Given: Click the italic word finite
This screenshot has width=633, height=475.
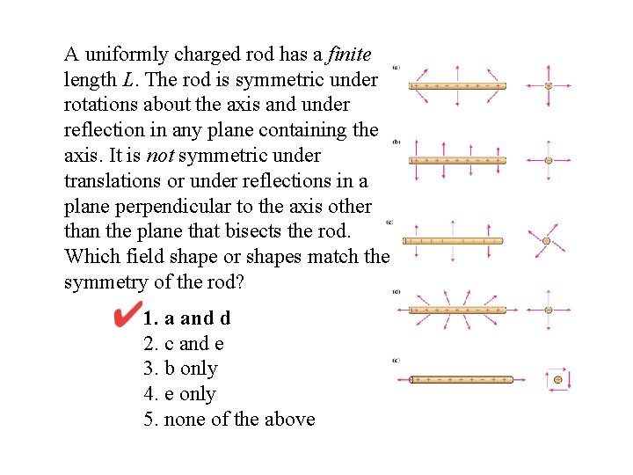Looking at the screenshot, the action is coord(348,55).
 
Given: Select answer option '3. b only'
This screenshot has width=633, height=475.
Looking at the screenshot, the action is coord(180,369).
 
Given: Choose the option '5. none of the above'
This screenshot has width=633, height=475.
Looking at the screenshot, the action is coord(229,420).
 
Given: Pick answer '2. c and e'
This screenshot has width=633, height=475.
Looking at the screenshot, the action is coord(183,343).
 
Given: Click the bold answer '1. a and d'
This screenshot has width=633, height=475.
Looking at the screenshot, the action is coord(186,318).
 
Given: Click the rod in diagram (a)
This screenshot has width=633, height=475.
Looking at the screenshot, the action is coord(457,86).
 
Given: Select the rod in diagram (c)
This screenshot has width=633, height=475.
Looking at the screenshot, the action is coord(452,240).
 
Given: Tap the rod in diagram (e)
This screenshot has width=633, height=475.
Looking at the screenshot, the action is coord(461,379).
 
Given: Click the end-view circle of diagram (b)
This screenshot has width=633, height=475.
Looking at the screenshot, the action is coord(549,160).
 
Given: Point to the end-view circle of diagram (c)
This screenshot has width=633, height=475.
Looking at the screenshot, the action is coord(546,240).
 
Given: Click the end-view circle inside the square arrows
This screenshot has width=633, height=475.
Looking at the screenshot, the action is coord(557,380).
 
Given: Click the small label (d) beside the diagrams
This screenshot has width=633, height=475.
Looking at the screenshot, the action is coord(397,291).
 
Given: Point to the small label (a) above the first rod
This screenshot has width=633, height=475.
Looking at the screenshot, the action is coord(397,66).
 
